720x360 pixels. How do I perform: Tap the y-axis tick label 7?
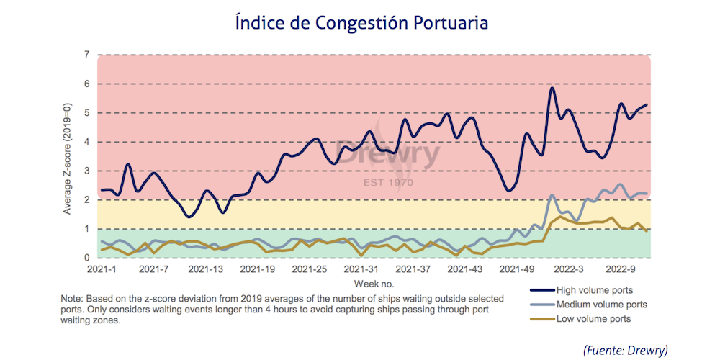86,55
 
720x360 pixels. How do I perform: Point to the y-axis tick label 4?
86,142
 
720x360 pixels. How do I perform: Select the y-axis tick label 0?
86,258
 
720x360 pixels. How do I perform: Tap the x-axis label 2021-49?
516,269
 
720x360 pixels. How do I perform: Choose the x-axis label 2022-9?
621,269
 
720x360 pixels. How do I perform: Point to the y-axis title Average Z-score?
68,156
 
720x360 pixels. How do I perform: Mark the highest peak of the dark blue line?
552,88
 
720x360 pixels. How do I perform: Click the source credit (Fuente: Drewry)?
625,349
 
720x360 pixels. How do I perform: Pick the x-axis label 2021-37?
413,269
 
